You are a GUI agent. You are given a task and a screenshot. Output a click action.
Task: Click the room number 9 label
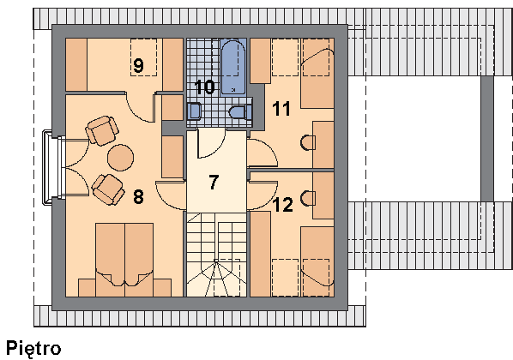tap(138, 65)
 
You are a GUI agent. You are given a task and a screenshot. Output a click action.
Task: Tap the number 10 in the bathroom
tap(204, 87)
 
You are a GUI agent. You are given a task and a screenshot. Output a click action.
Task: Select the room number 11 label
tap(281, 109)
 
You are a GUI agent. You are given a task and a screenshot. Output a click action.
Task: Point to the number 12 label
tap(283, 205)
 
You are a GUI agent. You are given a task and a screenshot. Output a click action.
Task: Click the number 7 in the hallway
tap(214, 182)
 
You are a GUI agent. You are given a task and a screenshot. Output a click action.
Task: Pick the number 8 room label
tap(138, 197)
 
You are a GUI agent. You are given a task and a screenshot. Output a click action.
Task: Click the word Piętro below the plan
tap(33, 349)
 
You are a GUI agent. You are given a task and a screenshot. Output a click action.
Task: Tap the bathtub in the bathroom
tap(233, 67)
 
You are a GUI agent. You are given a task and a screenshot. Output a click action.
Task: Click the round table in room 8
tap(120, 158)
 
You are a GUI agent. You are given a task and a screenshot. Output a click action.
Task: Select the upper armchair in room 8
tap(102, 130)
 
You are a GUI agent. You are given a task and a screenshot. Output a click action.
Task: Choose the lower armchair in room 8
tap(108, 189)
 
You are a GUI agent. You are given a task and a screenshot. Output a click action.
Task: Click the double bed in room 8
tap(124, 260)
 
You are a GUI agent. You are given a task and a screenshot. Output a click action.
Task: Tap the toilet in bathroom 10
tap(241, 112)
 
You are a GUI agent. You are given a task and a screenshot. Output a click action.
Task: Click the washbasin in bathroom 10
tap(194, 111)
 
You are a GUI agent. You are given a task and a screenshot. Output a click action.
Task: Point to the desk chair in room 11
tap(307, 142)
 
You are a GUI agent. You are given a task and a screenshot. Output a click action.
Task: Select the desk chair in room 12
tap(307, 199)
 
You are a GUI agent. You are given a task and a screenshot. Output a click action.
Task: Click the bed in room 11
tap(317, 74)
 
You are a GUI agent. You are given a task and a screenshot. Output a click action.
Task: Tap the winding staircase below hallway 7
tap(216, 255)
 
